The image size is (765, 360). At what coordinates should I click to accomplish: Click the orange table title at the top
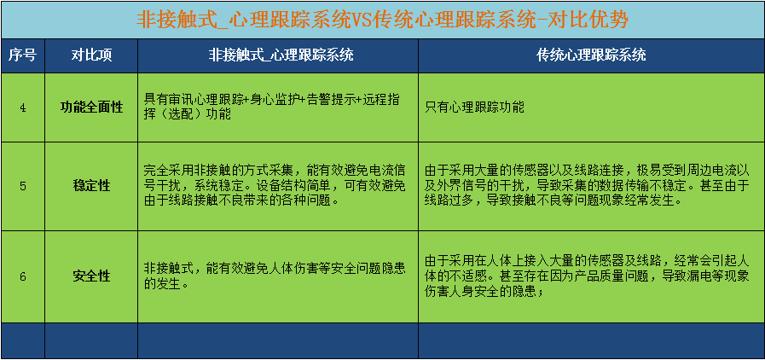tap(382, 20)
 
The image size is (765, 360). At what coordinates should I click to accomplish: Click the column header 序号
tap(22, 55)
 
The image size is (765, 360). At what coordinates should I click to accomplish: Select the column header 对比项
tap(91, 55)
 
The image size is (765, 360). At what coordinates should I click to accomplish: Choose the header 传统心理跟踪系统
tap(591, 55)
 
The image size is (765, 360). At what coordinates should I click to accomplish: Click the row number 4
tap(22, 107)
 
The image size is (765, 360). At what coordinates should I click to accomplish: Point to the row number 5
tap(22, 186)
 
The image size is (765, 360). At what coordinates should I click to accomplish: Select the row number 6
tap(22, 276)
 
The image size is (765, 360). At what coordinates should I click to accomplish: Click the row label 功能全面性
tap(91, 107)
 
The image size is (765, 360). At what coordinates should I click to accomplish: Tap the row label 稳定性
tap(91, 186)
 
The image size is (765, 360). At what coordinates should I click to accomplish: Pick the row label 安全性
tap(91, 276)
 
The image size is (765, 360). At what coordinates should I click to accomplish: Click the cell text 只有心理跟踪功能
tap(475, 107)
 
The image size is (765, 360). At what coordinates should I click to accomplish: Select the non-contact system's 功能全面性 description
tap(272, 107)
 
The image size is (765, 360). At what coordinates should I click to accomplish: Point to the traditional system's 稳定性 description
tap(587, 185)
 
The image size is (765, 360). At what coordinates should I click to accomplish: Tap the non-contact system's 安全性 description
tap(275, 276)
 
